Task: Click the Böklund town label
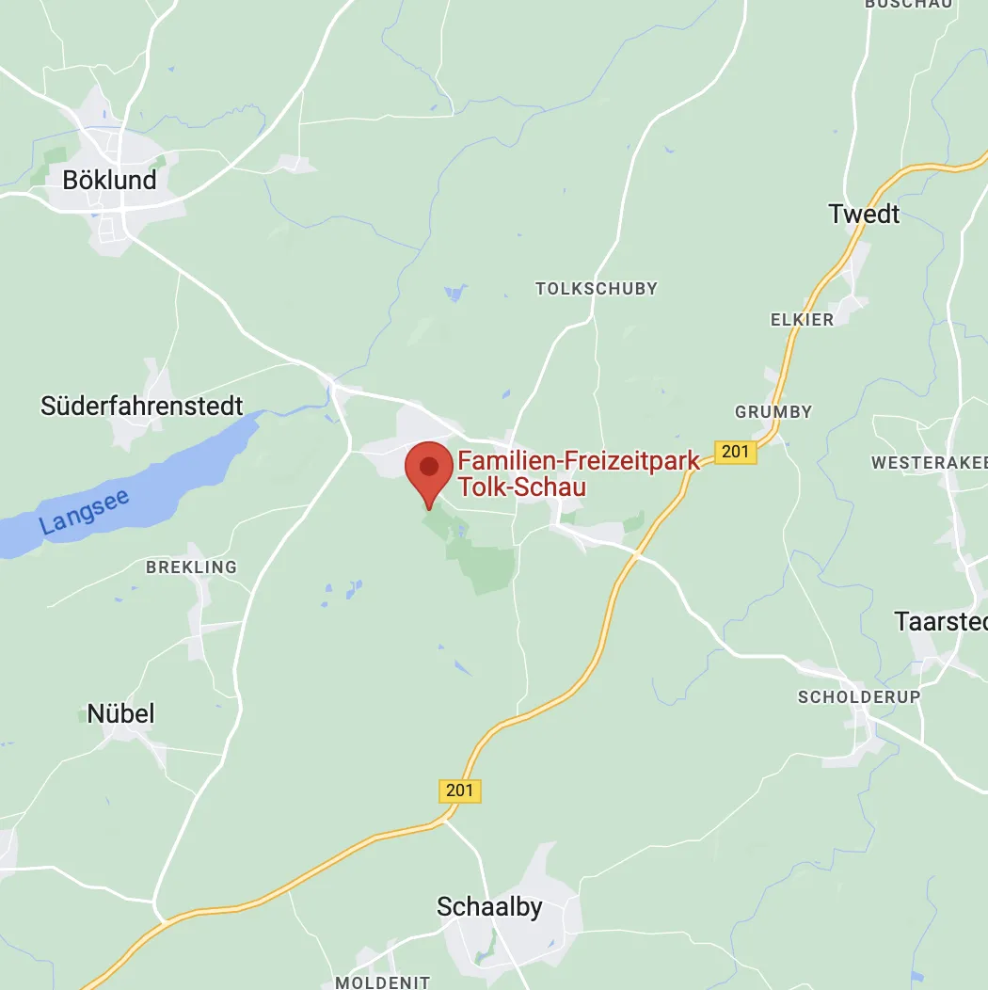(109, 180)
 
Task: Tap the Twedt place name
(864, 215)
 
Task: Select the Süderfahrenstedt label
(142, 407)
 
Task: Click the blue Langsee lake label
(85, 513)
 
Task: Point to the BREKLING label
(191, 567)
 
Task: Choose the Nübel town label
(120, 713)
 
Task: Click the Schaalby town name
(489, 907)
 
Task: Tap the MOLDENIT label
(382, 982)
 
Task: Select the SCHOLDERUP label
(859, 697)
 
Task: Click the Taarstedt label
(940, 622)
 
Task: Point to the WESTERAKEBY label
(929, 463)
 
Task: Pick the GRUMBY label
(773, 412)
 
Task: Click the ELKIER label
(802, 320)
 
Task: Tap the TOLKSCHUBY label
(597, 289)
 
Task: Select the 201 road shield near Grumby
(735, 452)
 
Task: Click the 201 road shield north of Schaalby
(459, 790)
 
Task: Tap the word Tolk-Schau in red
(521, 487)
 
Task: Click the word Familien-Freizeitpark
(579, 462)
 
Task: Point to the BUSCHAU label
(908, 5)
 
